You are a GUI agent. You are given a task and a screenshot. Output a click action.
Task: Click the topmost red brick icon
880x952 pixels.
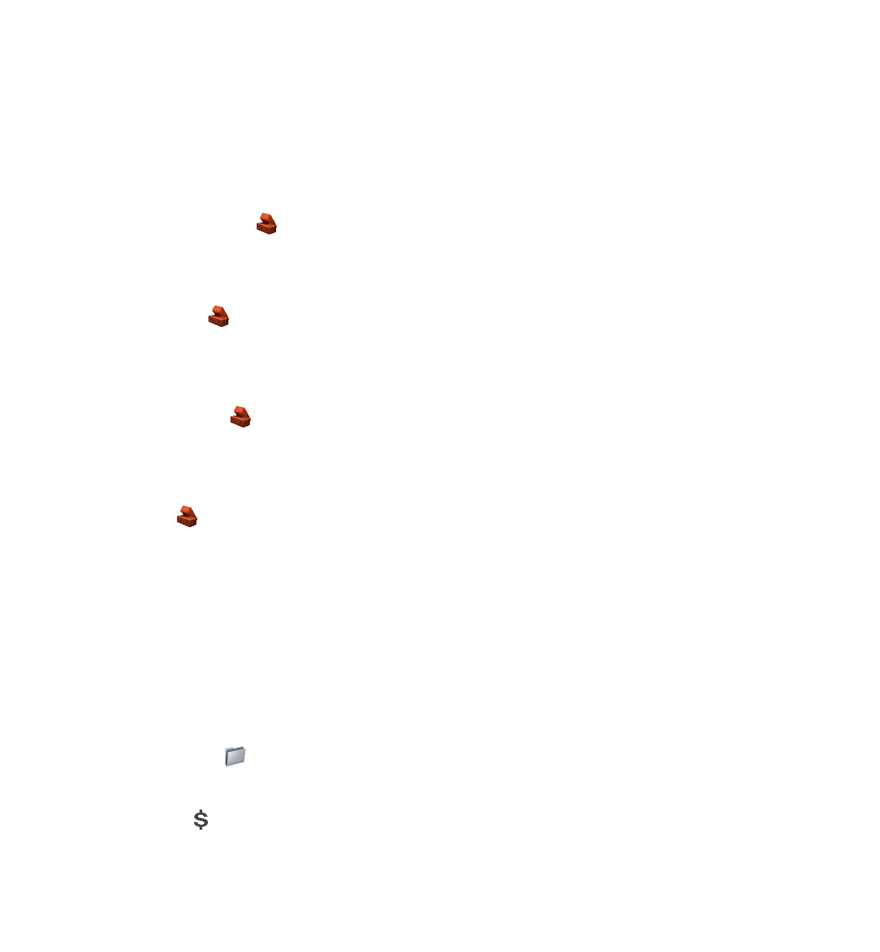tap(267, 224)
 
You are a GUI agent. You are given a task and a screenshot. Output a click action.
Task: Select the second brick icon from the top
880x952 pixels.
tap(218, 316)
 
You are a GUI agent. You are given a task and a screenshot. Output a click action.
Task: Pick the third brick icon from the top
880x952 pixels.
tap(240, 417)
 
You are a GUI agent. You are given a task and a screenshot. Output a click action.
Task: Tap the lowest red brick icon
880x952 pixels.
tap(187, 517)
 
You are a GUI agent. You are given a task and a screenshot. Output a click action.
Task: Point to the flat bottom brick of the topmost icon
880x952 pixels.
tap(266, 228)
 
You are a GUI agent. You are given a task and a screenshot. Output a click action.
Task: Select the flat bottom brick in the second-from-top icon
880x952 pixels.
tap(217, 321)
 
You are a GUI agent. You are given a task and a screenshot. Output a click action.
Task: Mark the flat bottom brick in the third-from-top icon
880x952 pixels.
tap(239, 422)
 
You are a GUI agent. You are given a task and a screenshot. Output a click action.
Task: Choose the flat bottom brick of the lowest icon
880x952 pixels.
tap(186, 521)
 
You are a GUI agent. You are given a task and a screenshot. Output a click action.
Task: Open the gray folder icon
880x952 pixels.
tap(235, 756)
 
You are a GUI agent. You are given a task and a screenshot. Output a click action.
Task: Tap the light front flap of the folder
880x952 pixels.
tap(237, 757)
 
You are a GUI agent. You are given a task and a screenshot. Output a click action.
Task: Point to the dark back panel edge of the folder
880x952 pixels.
tap(226, 758)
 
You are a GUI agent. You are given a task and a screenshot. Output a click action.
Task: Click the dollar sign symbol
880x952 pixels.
tap(201, 819)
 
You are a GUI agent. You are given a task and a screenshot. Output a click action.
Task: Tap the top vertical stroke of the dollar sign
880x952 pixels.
tap(201, 811)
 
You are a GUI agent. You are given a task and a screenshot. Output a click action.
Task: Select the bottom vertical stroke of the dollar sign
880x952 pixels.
tap(201, 828)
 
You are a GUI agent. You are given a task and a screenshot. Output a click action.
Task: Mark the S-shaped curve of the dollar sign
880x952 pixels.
tap(201, 819)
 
